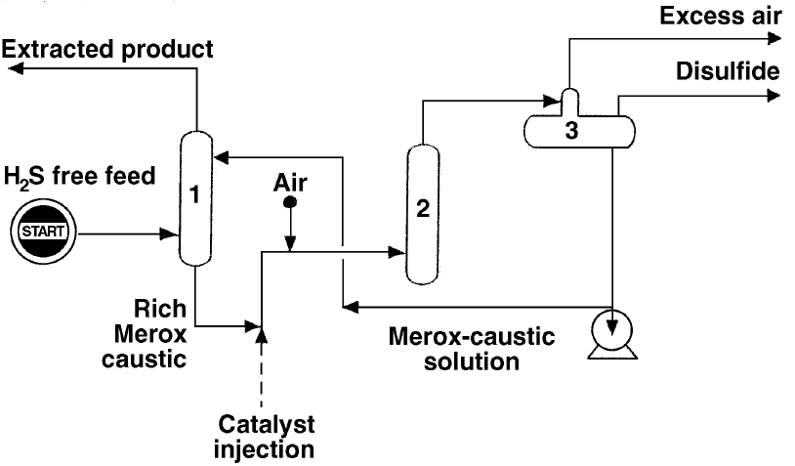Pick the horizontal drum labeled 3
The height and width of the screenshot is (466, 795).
tap(571, 131)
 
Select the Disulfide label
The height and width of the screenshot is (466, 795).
tap(727, 71)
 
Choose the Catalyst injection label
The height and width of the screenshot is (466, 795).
tap(265, 439)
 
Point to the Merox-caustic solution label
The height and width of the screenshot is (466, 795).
tap(471, 350)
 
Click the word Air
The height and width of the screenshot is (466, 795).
tap(290, 183)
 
